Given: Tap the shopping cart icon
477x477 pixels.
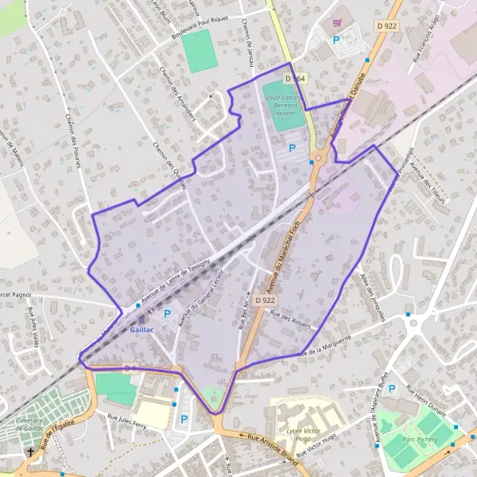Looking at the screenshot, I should point(338,22).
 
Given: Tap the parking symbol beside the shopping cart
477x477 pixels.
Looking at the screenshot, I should point(336,40).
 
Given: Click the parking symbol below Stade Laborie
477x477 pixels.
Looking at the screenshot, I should point(292,148).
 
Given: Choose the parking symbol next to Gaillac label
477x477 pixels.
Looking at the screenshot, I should point(167,314).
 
